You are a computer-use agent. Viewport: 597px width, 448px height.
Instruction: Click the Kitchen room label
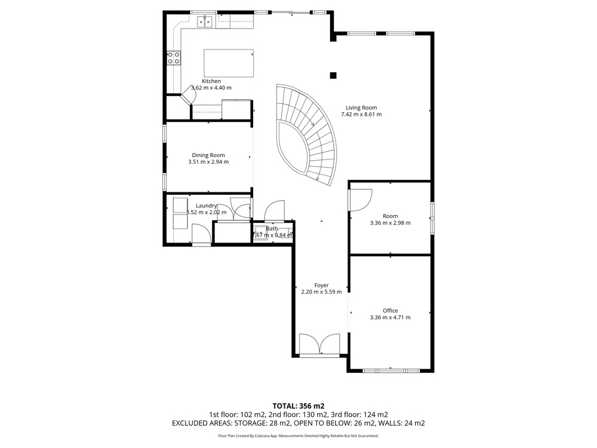click(x=211, y=81)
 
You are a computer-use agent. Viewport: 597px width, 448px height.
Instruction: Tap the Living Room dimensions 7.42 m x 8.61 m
click(x=361, y=114)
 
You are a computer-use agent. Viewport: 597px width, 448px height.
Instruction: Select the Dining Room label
click(x=208, y=155)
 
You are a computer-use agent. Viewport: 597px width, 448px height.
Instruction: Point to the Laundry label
click(x=207, y=205)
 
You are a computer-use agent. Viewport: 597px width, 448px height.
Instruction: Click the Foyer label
click(x=321, y=286)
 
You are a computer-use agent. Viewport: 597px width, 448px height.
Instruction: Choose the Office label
click(x=390, y=311)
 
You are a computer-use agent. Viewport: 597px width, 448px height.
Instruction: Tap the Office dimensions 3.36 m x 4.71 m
click(x=390, y=317)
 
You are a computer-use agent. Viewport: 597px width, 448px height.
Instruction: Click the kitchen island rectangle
click(x=229, y=63)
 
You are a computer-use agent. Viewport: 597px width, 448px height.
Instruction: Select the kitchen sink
click(x=205, y=22)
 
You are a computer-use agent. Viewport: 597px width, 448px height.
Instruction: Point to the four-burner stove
click(x=174, y=58)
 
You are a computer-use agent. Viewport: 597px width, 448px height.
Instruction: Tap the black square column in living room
click(x=333, y=75)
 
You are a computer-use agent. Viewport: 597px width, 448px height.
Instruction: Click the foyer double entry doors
click(x=319, y=345)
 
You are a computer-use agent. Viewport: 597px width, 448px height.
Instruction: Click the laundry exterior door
click(x=201, y=234)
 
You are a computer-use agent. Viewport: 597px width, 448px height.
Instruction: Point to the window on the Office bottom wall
click(x=391, y=370)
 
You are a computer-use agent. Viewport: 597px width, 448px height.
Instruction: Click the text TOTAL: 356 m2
click(x=298, y=406)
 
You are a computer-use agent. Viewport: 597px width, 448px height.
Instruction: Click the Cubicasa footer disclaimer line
click(x=298, y=436)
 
